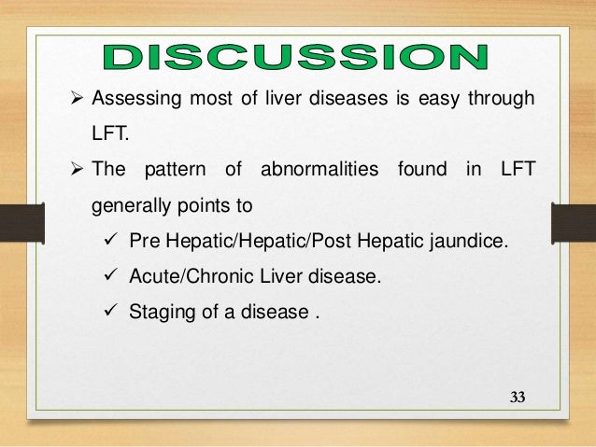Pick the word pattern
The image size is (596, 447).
tap(178, 170)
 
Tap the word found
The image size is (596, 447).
tap(421, 170)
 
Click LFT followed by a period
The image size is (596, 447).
tap(106, 135)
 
